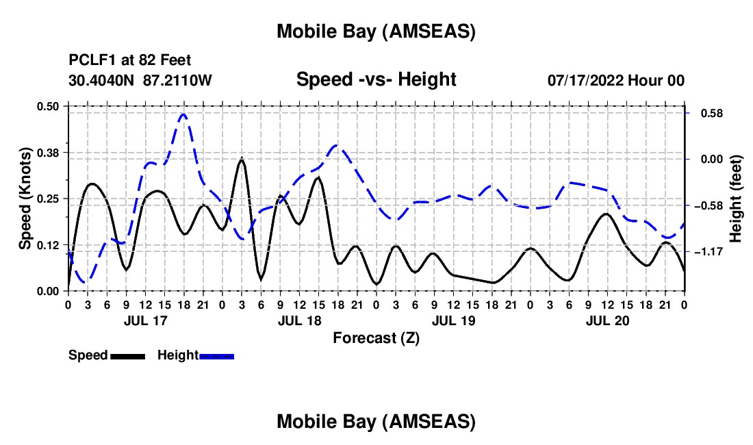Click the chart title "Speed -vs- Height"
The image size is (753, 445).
[x=376, y=79]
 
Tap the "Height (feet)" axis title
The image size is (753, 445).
[x=736, y=199]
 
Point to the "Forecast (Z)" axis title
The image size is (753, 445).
[x=376, y=338]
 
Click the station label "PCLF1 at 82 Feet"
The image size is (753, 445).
[x=130, y=60]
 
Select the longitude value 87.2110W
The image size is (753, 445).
[x=178, y=80]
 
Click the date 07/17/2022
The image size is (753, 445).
[x=586, y=80]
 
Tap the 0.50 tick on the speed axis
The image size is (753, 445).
[x=49, y=106]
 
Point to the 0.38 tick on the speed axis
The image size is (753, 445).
[x=49, y=152]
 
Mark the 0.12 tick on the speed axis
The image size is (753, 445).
[x=49, y=244]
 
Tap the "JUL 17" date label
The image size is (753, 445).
[x=144, y=320]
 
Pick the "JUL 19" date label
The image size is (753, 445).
[x=453, y=320]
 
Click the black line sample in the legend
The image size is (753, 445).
[x=127, y=356]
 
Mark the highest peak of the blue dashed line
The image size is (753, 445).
[x=183, y=114]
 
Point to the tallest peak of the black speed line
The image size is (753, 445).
[x=241, y=160]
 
